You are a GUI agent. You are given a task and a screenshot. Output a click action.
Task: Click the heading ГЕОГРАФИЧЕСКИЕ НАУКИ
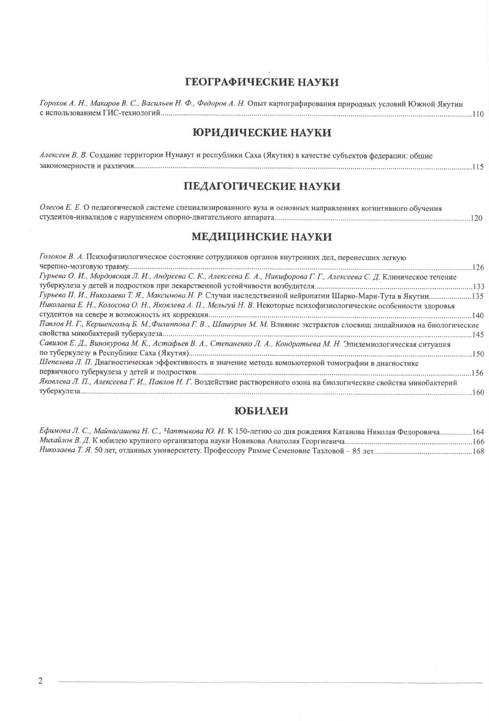pyautogui.click(x=262, y=82)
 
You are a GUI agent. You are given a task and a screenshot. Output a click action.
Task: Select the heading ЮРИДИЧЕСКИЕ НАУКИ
pyautogui.click(x=262, y=133)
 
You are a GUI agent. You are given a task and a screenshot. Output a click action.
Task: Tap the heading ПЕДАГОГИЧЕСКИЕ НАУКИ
pyautogui.click(x=262, y=186)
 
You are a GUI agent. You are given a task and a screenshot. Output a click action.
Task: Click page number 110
pyautogui.click(x=478, y=114)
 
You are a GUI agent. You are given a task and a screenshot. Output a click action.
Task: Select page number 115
pyautogui.click(x=478, y=167)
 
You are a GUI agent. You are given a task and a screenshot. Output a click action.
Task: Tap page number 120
pyautogui.click(x=476, y=219)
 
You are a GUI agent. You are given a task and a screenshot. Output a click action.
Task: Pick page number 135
pyautogui.click(x=478, y=297)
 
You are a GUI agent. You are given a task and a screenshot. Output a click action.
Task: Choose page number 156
pyautogui.click(x=478, y=373)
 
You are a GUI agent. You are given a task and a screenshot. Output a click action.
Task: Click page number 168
pyautogui.click(x=478, y=452)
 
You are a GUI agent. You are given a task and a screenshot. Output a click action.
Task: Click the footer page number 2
pyautogui.click(x=40, y=681)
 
